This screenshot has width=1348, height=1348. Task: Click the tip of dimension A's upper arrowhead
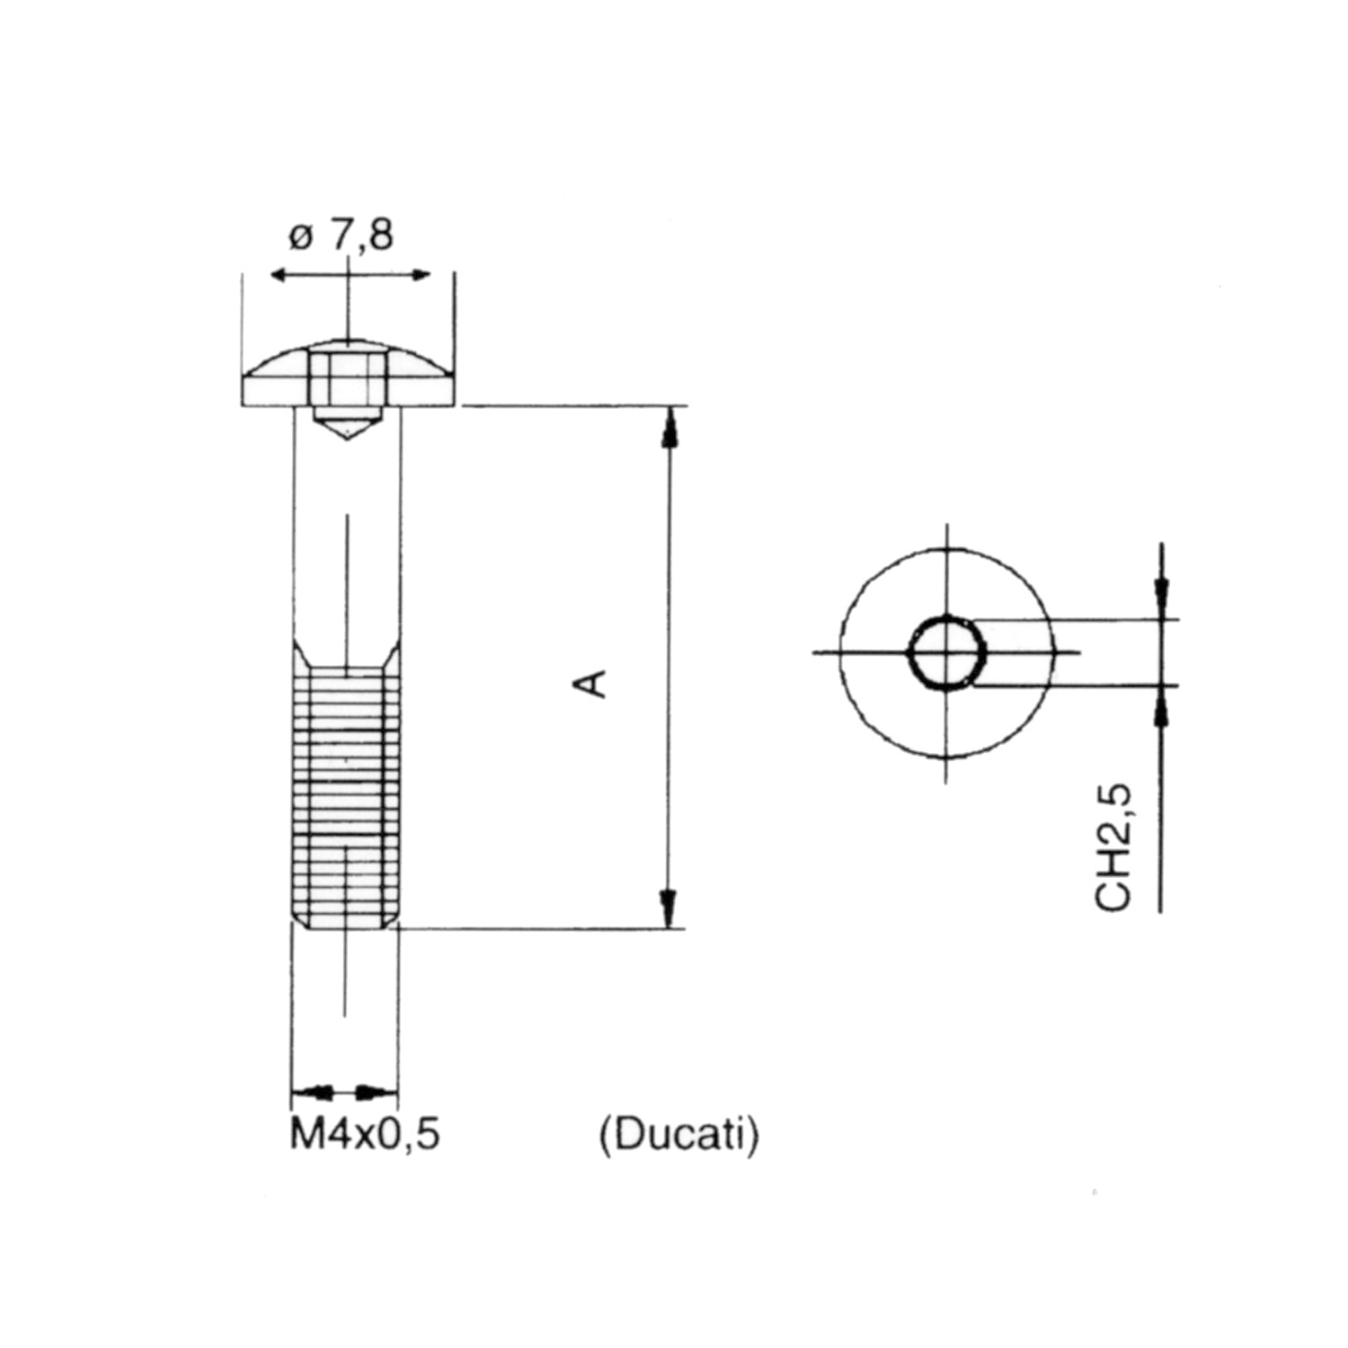coord(668,408)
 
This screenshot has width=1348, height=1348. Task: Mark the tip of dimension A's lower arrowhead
coord(668,927)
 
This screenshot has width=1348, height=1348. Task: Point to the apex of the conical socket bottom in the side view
coord(347,439)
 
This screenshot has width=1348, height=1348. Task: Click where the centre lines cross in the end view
coord(945,652)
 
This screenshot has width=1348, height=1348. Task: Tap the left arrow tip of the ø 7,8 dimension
coord(270,274)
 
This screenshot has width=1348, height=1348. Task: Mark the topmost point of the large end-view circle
coord(945,547)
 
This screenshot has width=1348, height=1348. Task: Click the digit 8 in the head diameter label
coord(381,235)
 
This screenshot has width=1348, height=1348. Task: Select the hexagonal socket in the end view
coord(947,652)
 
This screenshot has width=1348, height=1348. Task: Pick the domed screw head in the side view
coord(348,373)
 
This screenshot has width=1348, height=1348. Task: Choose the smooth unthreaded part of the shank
coord(347,525)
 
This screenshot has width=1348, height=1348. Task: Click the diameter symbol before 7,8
coord(300,238)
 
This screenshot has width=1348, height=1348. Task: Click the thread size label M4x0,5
coord(365,1134)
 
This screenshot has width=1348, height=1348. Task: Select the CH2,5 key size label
coord(1113,847)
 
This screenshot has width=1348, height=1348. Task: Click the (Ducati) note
coord(679,1136)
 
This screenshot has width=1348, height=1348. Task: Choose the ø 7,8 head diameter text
coord(341,235)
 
